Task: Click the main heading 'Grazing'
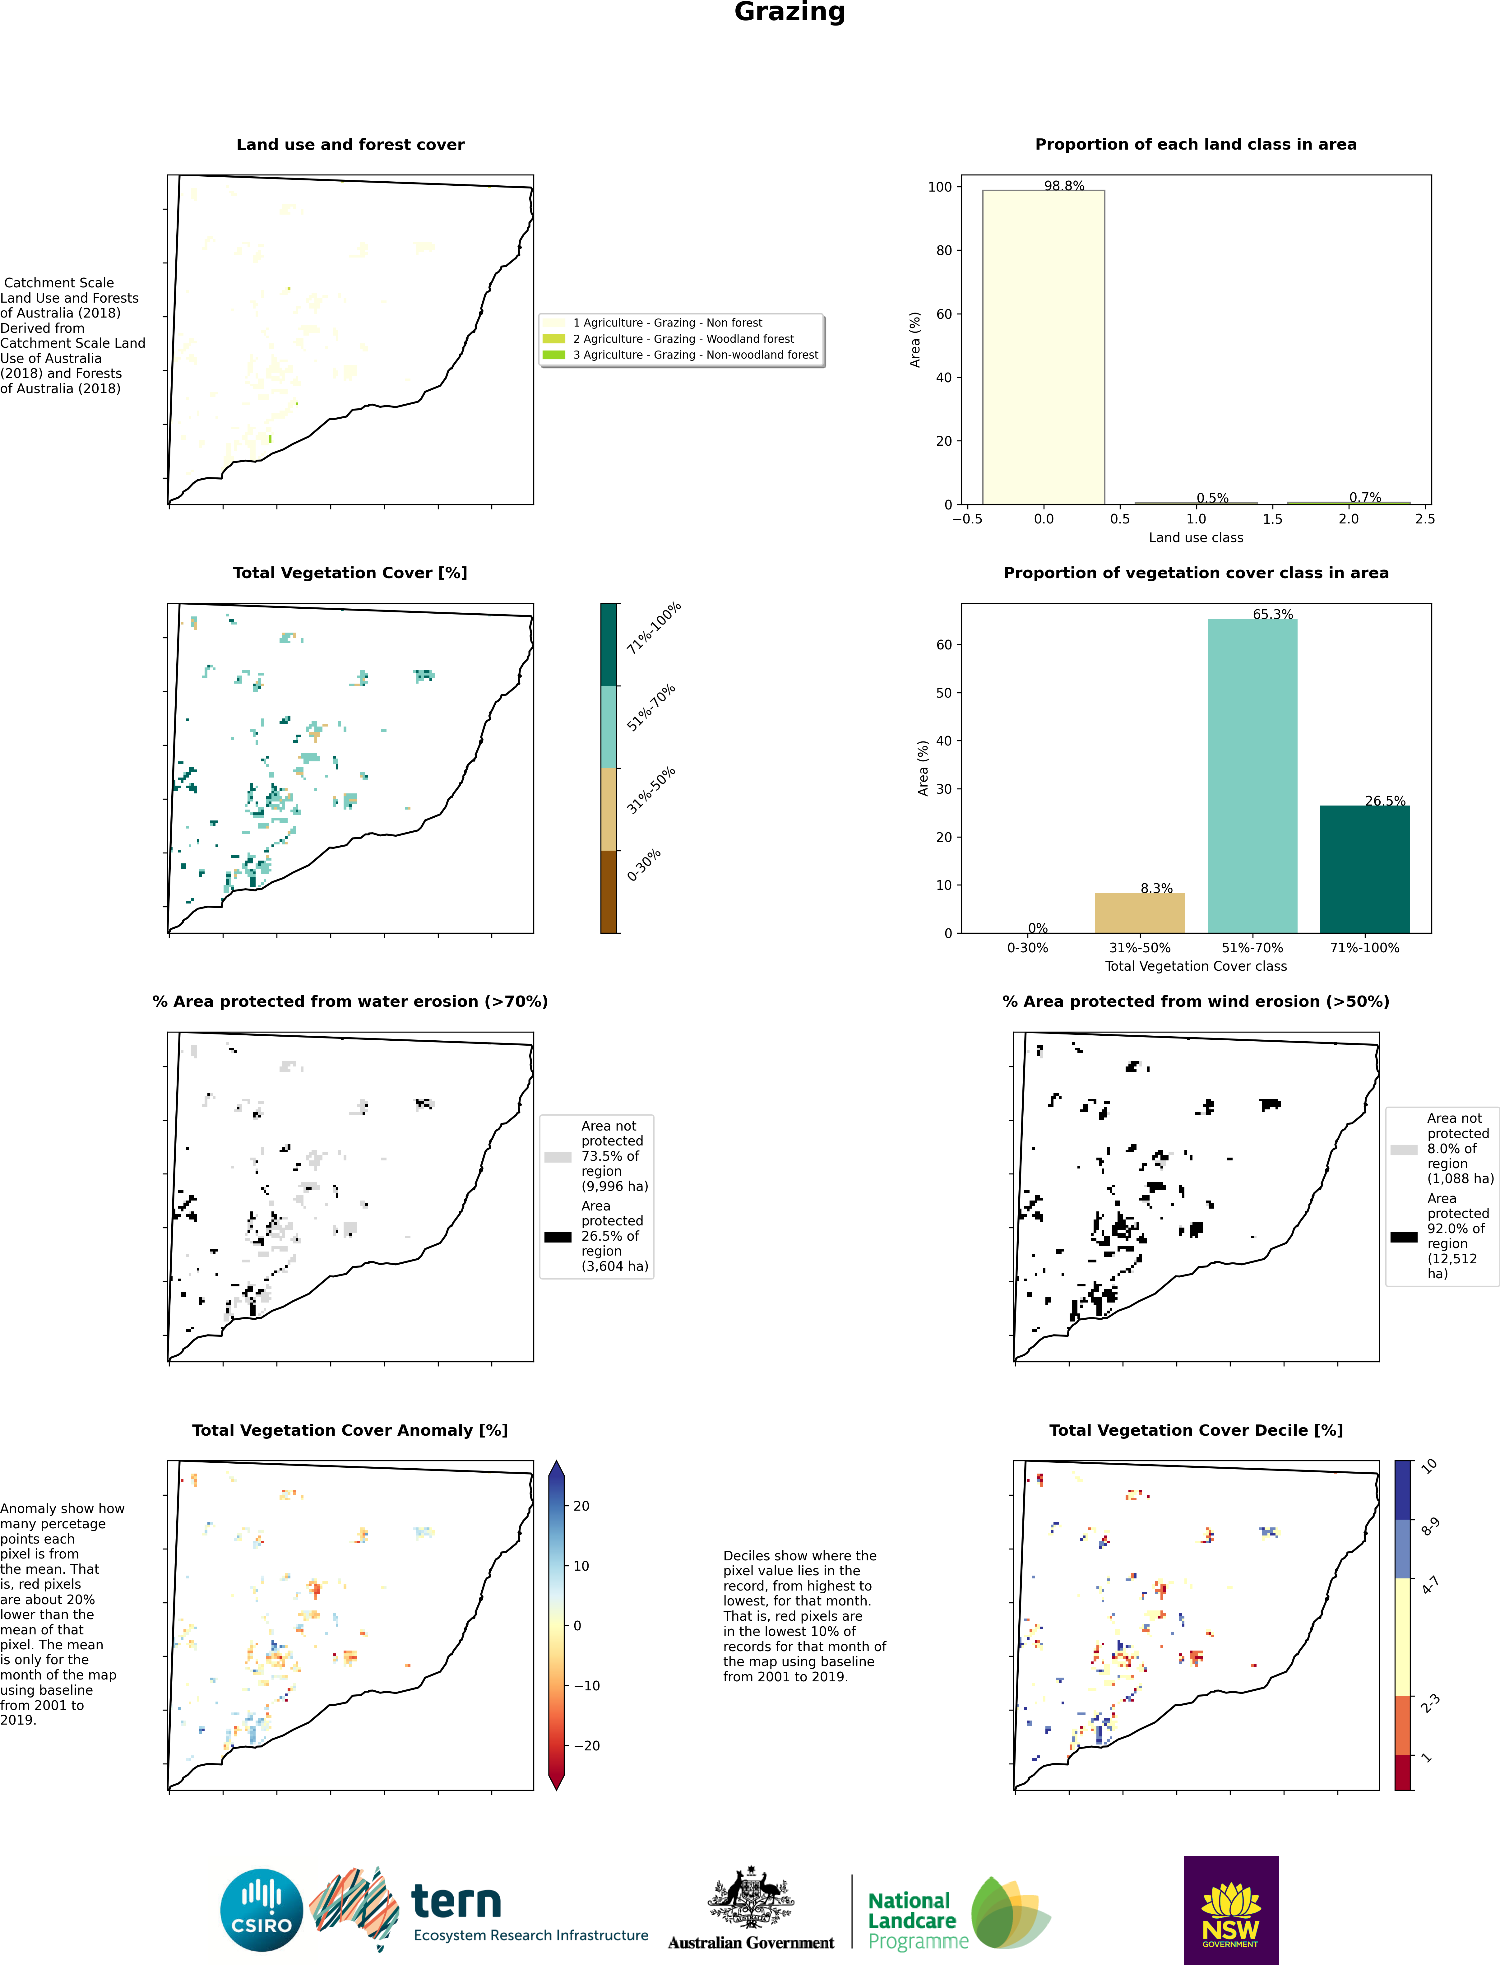(789, 12)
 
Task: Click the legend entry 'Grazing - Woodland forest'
(683, 338)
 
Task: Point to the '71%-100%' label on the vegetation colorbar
(654, 628)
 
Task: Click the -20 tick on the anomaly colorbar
(587, 1745)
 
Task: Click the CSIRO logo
(262, 1910)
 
